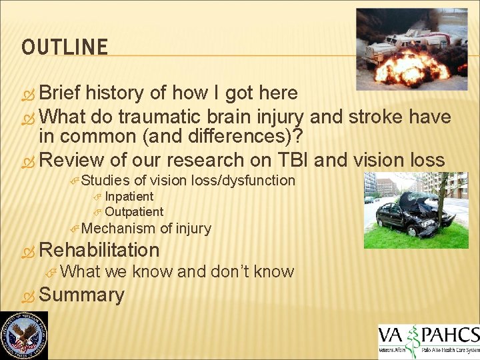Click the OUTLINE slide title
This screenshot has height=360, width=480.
(x=64, y=47)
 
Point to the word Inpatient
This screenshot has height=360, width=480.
(x=129, y=197)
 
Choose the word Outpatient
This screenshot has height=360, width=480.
(x=134, y=212)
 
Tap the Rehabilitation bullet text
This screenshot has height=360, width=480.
(x=99, y=250)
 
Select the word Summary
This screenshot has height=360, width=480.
(x=81, y=295)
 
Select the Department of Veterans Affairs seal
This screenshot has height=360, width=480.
(x=24, y=335)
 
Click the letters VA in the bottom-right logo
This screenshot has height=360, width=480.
(x=392, y=336)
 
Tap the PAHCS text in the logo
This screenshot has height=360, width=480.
(x=451, y=334)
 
